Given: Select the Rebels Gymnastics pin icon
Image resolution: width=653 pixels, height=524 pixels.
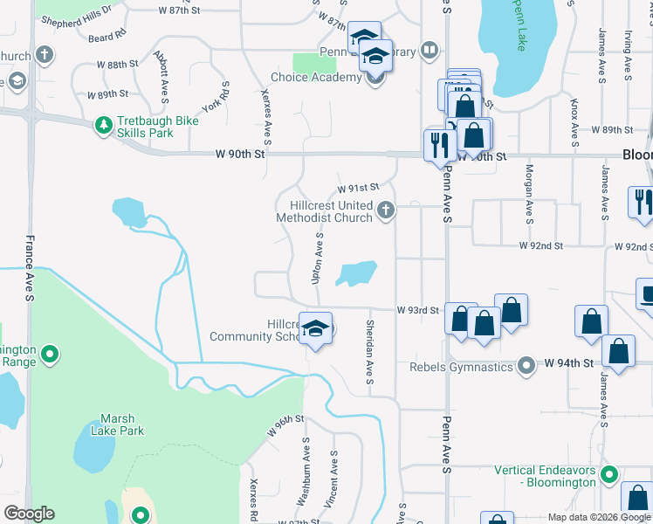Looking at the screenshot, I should (x=526, y=365).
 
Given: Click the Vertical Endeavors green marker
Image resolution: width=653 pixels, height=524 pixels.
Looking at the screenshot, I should (x=610, y=476).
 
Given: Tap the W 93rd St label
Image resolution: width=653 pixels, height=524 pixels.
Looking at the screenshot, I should (x=416, y=310).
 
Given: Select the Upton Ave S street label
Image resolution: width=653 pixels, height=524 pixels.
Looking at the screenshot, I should (x=318, y=258).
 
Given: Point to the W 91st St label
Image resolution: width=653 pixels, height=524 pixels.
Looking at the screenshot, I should (x=358, y=187).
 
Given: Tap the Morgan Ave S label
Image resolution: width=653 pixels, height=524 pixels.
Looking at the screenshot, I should (x=529, y=192).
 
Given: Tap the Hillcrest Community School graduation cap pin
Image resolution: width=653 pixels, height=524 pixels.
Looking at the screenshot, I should (x=316, y=328).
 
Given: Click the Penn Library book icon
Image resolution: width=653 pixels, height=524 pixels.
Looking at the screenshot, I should (x=428, y=51).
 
